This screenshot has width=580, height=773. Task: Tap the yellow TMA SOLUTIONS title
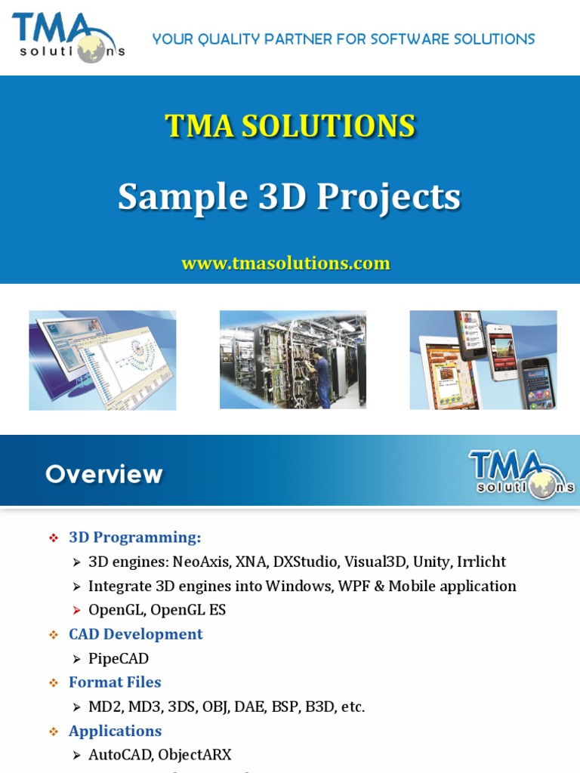(x=290, y=126)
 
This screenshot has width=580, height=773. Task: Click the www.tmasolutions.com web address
(x=285, y=263)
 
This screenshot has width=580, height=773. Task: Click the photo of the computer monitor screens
(x=103, y=360)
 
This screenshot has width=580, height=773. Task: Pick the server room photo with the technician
(x=293, y=360)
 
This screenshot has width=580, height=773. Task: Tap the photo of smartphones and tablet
(x=483, y=360)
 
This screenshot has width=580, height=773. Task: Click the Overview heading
(x=104, y=474)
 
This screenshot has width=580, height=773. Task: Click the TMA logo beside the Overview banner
(x=521, y=474)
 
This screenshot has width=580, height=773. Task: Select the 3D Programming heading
(x=135, y=537)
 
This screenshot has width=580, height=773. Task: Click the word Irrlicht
(x=481, y=562)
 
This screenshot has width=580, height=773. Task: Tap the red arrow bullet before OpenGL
(x=76, y=611)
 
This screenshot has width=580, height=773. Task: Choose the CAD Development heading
(x=136, y=634)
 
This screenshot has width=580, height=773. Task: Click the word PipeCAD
(x=119, y=659)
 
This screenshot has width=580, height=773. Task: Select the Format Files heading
(x=115, y=682)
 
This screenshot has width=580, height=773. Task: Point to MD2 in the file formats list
(x=104, y=707)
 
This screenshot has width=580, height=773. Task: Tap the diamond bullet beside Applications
(x=54, y=731)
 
